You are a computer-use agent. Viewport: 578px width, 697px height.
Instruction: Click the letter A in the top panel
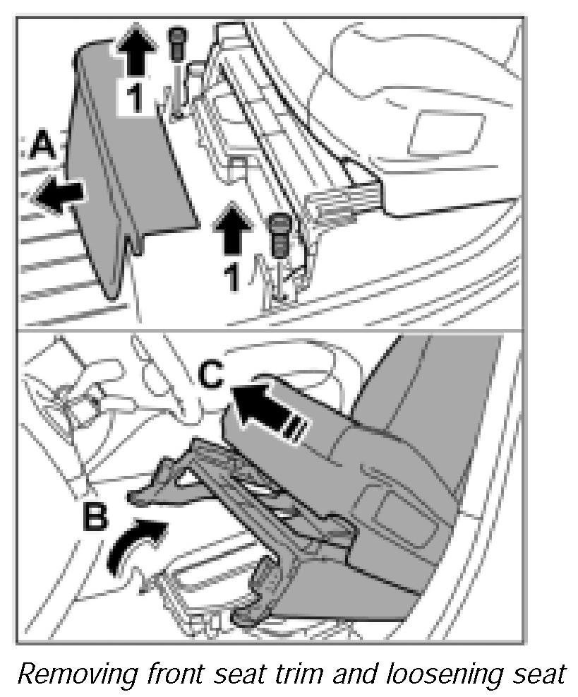click(x=43, y=148)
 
